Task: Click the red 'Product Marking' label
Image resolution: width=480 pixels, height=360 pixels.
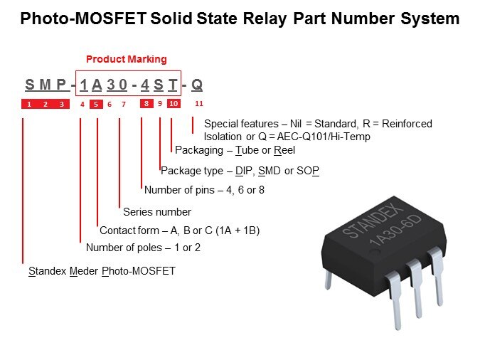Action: click(x=127, y=59)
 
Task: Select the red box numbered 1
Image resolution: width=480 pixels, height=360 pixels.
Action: click(x=28, y=104)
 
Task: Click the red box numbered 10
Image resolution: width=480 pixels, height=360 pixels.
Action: click(x=174, y=104)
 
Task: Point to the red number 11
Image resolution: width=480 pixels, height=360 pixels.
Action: click(x=199, y=104)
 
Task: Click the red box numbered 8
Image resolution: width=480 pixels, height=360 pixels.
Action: click(x=146, y=104)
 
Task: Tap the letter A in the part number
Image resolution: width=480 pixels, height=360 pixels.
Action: click(x=97, y=85)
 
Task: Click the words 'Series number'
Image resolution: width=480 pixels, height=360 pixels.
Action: click(x=157, y=211)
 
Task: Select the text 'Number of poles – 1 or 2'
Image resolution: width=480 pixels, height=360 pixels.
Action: click(x=143, y=248)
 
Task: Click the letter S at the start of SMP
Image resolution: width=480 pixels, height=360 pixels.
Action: click(x=29, y=85)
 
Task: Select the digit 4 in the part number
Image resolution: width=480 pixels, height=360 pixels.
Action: click(x=144, y=85)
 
